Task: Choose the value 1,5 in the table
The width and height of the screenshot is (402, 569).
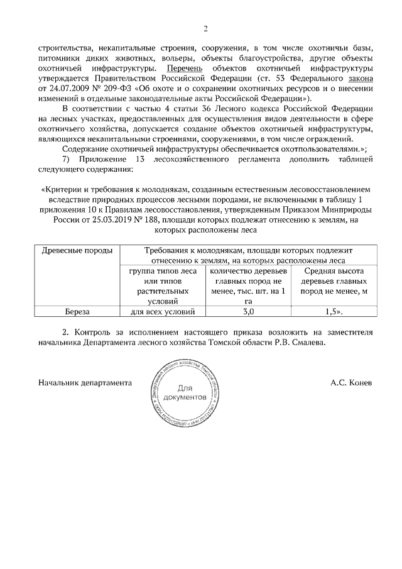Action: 333,311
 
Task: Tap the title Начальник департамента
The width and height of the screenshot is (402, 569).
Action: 85,382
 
